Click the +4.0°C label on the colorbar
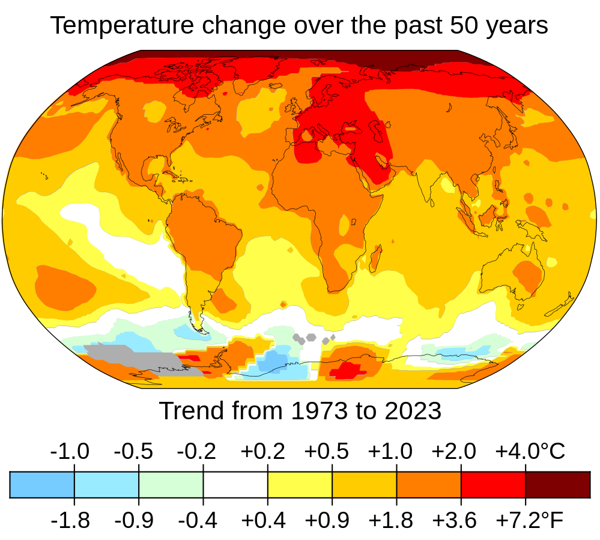(x=530, y=451)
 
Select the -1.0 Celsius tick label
(x=70, y=451)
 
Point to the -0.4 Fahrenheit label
(x=198, y=520)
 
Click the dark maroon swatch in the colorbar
(x=558, y=485)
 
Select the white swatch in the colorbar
(x=235, y=485)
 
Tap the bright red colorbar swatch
(x=493, y=485)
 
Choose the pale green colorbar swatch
(x=171, y=485)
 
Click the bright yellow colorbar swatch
(x=300, y=485)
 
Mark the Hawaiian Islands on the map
(x=44, y=175)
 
